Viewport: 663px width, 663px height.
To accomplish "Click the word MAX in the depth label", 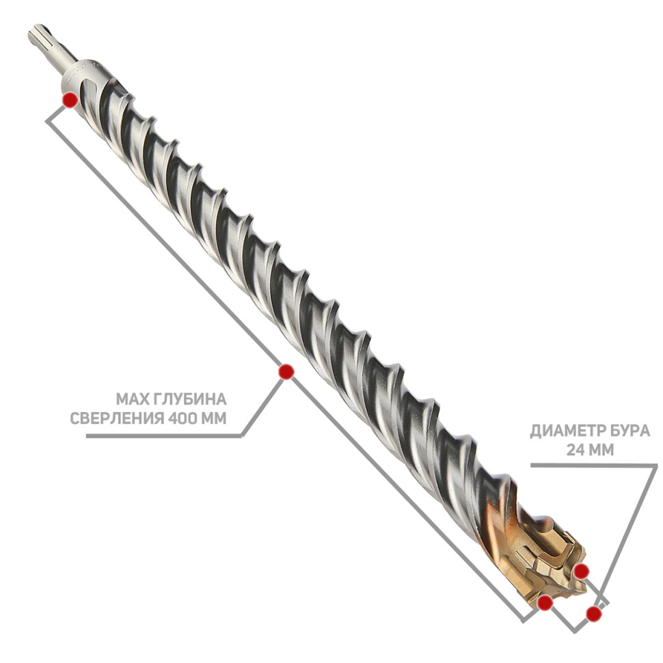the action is click(x=131, y=398).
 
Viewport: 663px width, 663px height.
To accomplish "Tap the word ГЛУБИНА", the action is click(x=189, y=398).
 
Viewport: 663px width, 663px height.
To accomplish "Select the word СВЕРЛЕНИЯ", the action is click(x=117, y=418).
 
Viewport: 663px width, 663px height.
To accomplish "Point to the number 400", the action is click(x=182, y=418).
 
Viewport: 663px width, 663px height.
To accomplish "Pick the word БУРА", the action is click(x=630, y=431).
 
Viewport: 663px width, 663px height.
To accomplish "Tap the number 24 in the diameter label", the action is click(x=575, y=450).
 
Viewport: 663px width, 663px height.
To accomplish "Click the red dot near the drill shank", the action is click(x=70, y=100).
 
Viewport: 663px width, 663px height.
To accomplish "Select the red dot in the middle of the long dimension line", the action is click(x=286, y=372).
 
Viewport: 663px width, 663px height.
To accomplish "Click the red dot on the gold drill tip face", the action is click(x=582, y=571).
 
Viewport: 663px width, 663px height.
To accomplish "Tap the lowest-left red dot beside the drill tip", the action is click(x=545, y=602).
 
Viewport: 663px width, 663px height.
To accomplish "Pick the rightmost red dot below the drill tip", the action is click(x=594, y=614).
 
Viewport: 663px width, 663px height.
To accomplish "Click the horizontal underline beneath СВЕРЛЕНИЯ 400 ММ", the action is click(x=163, y=435).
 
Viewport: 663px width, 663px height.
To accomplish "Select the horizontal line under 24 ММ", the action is click(x=594, y=465).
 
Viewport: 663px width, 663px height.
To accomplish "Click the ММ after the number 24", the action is click(x=601, y=450).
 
